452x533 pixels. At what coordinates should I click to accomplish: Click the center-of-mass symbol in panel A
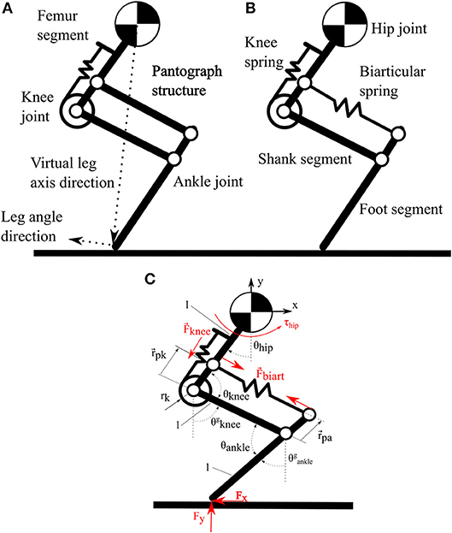[132, 21]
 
